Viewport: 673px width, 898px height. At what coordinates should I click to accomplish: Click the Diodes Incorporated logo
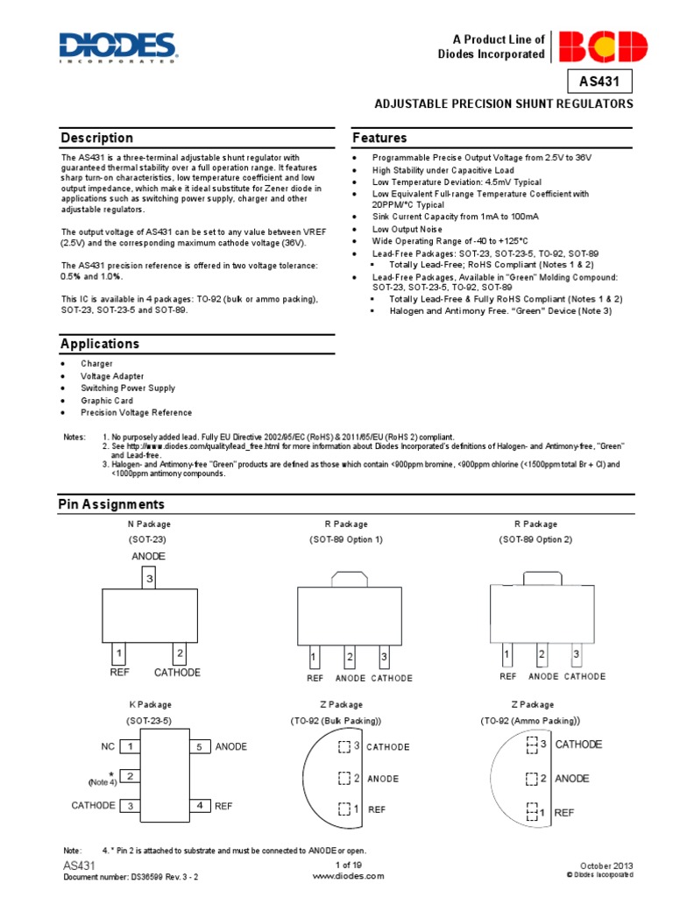coord(117,47)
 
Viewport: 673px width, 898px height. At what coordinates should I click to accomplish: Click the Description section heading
coord(97,138)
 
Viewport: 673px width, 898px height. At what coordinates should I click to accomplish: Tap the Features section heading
coord(379,138)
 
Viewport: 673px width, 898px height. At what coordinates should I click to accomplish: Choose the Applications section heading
coord(100,344)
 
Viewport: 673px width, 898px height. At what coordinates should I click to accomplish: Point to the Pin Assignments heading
coord(111,504)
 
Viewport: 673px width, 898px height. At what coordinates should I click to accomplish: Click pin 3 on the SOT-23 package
coord(150,579)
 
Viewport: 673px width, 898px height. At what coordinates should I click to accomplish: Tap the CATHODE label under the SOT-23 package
coord(177,673)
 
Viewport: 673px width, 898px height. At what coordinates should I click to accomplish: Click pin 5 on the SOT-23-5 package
coord(199,747)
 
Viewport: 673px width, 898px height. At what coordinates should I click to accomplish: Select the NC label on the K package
coord(108,746)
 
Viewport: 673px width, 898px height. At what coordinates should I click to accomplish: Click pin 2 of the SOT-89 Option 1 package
coord(350,657)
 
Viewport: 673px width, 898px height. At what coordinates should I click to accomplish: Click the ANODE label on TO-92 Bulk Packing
coord(383,779)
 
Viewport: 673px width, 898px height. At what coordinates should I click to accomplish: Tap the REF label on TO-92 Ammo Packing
coord(564,813)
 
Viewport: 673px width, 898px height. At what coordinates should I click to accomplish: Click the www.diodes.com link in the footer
coord(348,875)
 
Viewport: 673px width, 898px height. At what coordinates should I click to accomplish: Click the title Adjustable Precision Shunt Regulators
coord(503,103)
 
